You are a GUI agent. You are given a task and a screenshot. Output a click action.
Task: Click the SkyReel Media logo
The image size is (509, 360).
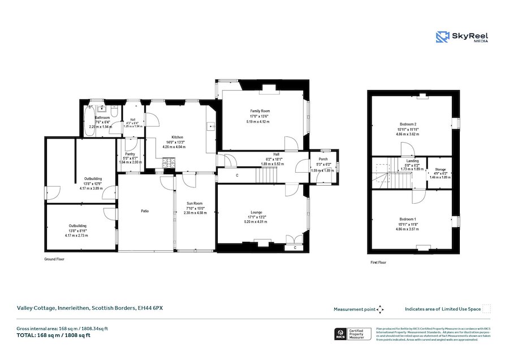(461, 37)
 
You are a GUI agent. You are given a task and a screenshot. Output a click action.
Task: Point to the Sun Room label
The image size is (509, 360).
(195, 203)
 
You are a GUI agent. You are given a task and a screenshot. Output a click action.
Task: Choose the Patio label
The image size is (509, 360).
(145, 211)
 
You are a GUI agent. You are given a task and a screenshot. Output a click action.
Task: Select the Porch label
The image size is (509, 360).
(323, 159)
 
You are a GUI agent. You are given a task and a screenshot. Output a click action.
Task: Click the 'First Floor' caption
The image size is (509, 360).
(378, 262)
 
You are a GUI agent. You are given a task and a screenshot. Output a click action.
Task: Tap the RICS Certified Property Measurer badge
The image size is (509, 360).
(353, 334)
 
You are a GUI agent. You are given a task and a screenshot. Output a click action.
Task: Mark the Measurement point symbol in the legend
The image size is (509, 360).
(380, 309)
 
